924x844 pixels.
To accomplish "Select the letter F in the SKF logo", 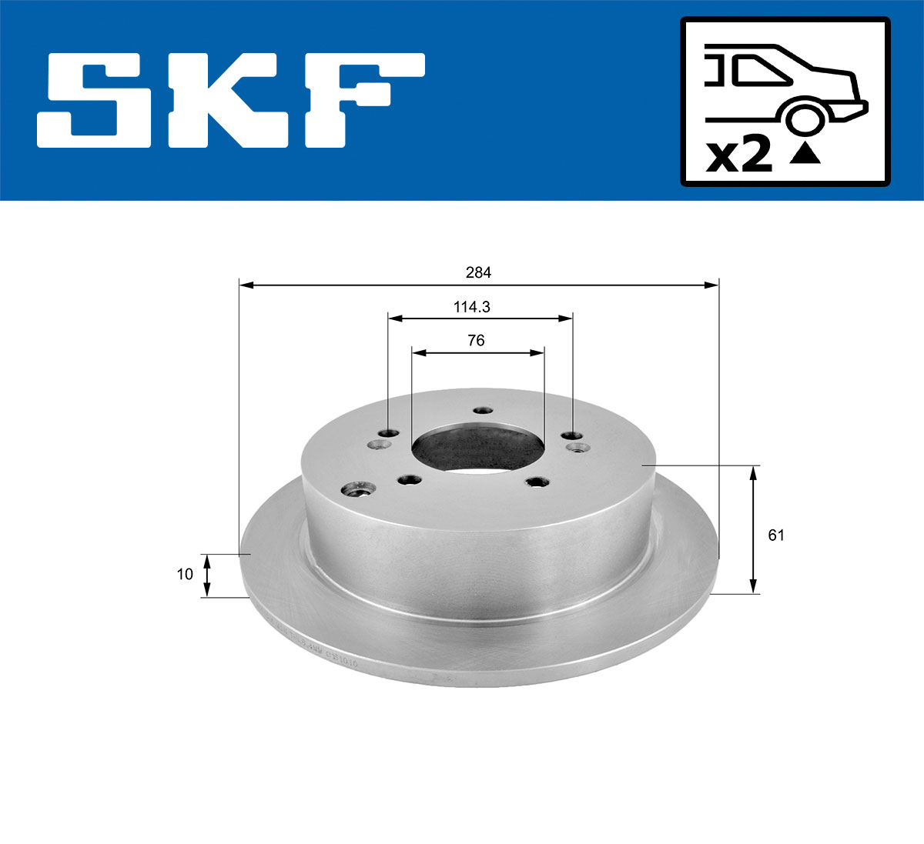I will [x=359, y=100].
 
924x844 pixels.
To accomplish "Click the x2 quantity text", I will [x=738, y=156].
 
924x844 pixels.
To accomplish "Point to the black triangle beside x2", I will [x=805, y=155].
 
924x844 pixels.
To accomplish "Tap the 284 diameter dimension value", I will [x=478, y=272].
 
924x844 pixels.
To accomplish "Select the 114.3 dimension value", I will [x=472, y=307].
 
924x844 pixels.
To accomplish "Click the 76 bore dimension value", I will [x=476, y=340].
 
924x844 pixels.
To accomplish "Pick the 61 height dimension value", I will [x=776, y=535].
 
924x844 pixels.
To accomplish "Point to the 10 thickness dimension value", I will [x=185, y=574].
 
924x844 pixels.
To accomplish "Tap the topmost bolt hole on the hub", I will [x=483, y=410].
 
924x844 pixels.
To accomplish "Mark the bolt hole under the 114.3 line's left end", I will [x=390, y=433].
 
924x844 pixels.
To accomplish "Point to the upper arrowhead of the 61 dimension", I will [x=753, y=472].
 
